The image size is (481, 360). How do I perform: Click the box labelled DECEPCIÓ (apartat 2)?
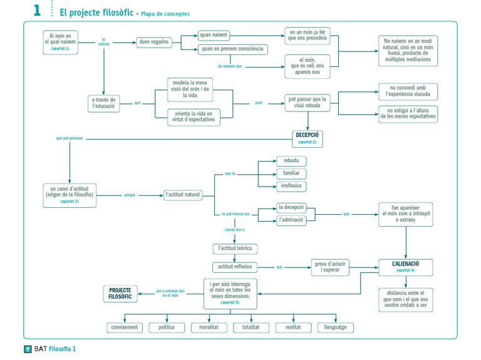pos(307,138)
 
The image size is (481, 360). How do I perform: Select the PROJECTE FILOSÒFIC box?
pos(120,294)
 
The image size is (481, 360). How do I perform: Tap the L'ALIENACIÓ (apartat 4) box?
pos(405,267)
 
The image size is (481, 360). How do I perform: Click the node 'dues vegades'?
pos(153,43)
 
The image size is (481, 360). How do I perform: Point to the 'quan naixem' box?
pos(214,34)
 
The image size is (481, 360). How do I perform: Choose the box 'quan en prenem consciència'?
pos(232,49)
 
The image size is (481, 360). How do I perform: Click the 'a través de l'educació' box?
pos(103,103)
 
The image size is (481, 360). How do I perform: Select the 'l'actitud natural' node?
pos(183,195)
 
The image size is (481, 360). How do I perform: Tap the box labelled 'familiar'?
pos(291,173)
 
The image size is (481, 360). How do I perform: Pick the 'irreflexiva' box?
pos(291,186)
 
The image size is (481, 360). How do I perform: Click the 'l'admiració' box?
pos(291,220)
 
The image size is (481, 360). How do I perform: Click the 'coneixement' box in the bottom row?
pos(123,327)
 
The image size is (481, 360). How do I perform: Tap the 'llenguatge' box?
pos(335,327)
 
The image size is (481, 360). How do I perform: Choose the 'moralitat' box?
pos(209,327)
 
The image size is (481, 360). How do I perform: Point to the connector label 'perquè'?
pos(130,195)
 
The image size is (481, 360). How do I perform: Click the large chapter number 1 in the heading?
pos(37,10)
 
